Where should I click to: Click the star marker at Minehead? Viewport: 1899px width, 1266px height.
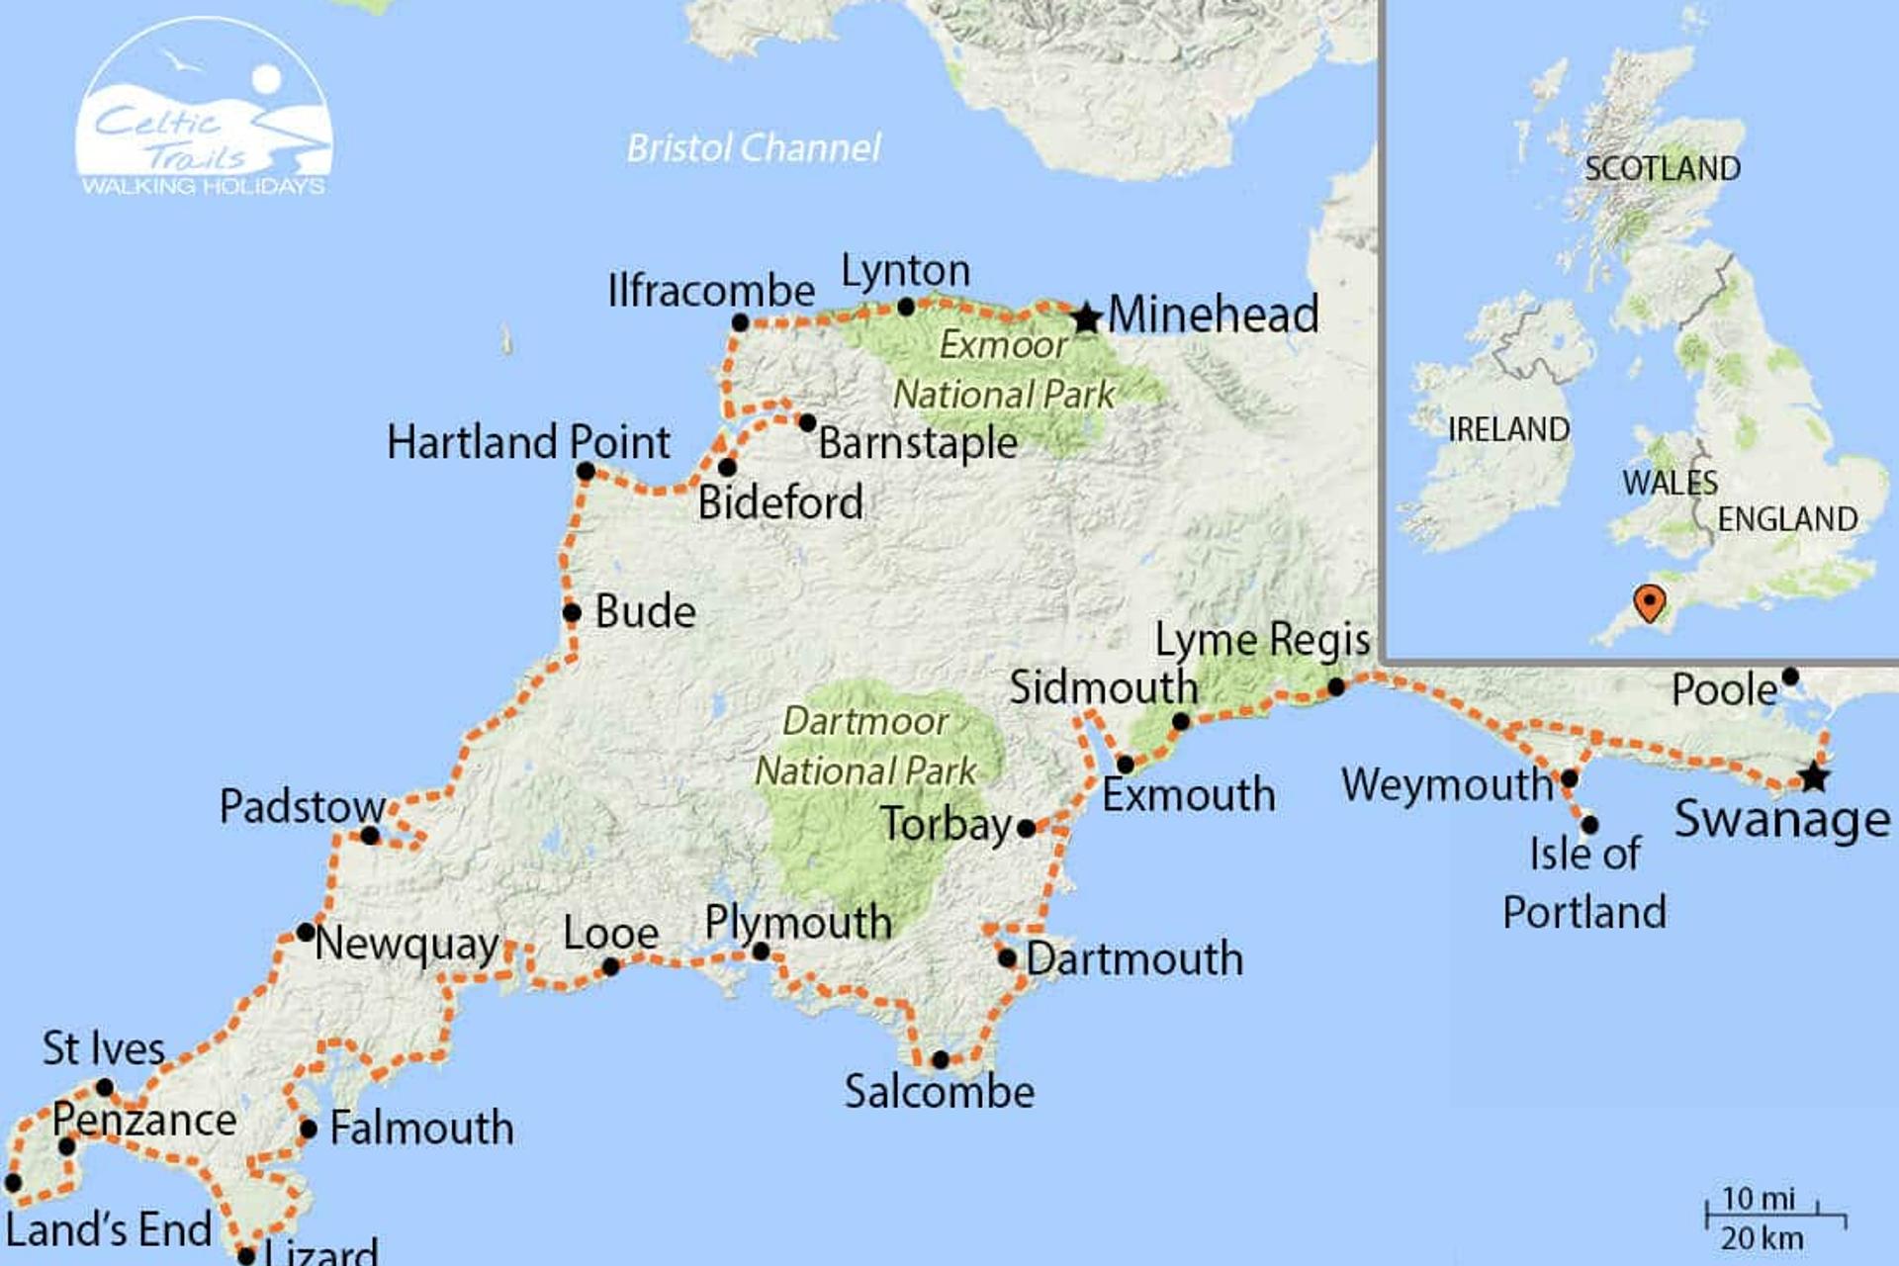click(x=1086, y=318)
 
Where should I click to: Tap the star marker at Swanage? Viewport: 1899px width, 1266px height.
click(x=1813, y=777)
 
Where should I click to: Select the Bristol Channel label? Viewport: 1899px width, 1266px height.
click(x=754, y=148)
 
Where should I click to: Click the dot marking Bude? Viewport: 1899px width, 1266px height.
click(x=572, y=612)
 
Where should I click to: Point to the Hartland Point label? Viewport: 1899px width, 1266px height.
click(x=528, y=442)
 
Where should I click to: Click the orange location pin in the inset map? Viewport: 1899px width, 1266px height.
click(x=1649, y=601)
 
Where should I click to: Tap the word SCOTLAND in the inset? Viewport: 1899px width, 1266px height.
click(x=1662, y=169)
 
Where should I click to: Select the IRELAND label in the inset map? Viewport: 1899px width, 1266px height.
click(x=1507, y=429)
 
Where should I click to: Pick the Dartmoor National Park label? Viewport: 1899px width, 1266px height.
click(x=865, y=746)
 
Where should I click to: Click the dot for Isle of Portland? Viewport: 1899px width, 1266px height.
click(x=1589, y=824)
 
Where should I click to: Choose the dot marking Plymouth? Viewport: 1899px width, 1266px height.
click(x=760, y=951)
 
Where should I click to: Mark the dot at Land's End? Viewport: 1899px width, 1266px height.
click(x=13, y=1182)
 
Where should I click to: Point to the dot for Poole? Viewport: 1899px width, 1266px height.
click(x=1789, y=677)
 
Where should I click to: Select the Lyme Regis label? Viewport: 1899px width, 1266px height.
click(x=1262, y=641)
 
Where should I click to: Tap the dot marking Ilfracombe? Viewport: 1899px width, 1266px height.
click(x=740, y=322)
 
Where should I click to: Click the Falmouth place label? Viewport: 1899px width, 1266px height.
click(x=421, y=1129)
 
